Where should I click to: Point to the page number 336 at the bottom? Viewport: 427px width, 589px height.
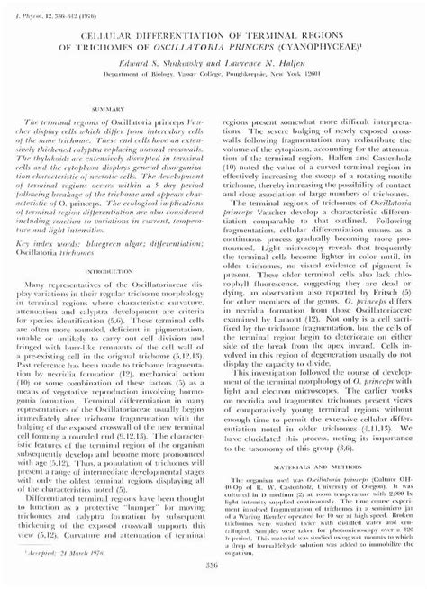(x=213, y=564)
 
